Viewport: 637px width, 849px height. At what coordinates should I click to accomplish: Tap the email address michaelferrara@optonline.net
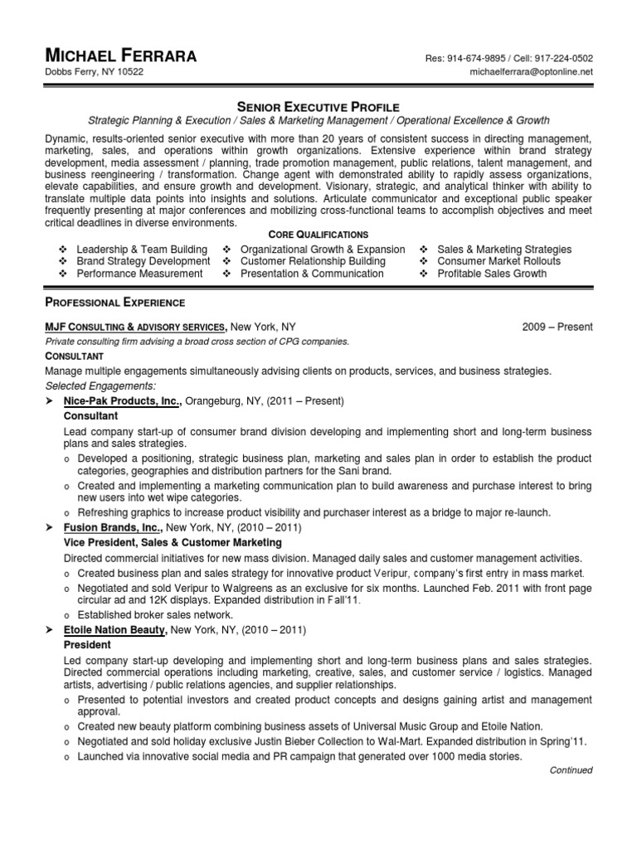coord(530,72)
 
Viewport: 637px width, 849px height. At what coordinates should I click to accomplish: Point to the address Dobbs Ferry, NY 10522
coord(93,73)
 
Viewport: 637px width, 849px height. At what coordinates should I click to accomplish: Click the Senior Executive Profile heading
coord(318,107)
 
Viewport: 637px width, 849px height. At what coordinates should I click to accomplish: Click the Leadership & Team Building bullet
coord(142,250)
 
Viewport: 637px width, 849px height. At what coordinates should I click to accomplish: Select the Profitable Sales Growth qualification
coord(492,274)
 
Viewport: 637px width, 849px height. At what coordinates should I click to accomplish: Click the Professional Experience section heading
coord(114,303)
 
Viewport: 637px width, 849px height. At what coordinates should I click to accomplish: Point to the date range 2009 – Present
coord(557,327)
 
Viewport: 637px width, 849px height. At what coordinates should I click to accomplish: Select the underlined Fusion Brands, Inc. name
coord(112,527)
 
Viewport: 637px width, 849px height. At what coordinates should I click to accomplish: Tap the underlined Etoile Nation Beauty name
coord(115,630)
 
